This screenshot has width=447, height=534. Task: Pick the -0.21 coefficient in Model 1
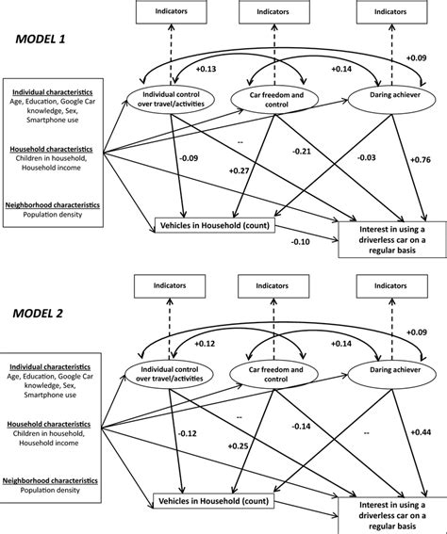click(302, 150)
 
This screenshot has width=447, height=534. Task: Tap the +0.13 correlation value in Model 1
click(205, 69)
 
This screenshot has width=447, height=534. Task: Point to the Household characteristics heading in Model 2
click(52, 424)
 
